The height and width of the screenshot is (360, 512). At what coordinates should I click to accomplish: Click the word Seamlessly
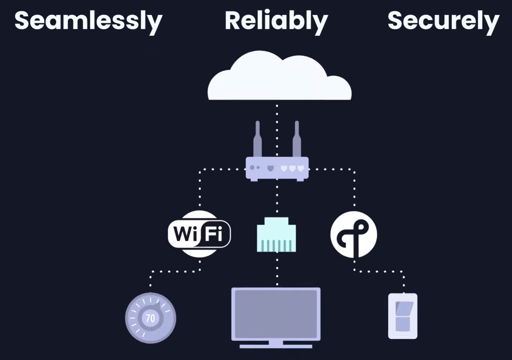pos(88,21)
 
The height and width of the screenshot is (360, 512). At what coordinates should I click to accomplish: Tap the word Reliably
pos(276,21)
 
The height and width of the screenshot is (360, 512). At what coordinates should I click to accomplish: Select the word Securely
pos(443,21)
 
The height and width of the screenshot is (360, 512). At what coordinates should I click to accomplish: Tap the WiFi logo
pos(199,234)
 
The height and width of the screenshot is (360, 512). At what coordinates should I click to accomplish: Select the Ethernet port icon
pos(277,234)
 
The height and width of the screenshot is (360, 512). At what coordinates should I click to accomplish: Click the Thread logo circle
pos(354,234)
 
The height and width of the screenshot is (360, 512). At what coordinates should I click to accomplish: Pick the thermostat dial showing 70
pos(150,318)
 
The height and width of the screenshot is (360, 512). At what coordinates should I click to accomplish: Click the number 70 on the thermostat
pos(150,318)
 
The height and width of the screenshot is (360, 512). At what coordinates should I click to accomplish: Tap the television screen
pos(276,313)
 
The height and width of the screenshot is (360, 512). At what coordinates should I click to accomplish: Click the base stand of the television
pos(276,346)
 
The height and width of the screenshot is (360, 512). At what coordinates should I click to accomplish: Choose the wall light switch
pos(402,316)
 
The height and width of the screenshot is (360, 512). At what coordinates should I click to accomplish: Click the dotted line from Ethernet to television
pos(277,269)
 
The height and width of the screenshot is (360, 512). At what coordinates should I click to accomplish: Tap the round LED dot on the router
pos(252,167)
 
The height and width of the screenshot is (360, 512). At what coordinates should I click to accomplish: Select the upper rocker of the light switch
pos(403,308)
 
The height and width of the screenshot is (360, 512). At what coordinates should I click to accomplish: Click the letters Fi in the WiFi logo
pos(214,234)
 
